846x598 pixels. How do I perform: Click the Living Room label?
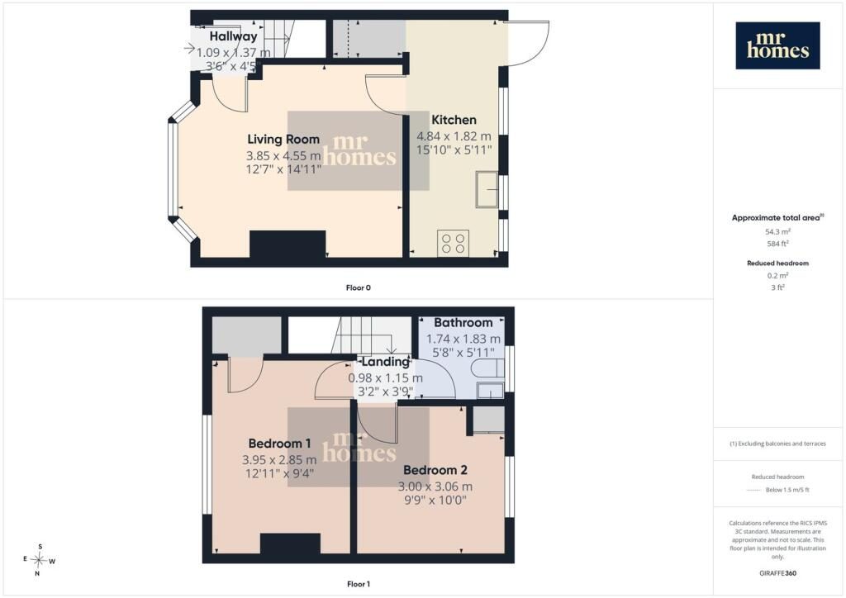click(283, 139)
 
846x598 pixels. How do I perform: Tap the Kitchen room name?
click(454, 120)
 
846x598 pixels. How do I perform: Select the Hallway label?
click(233, 36)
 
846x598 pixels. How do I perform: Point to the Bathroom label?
click(463, 322)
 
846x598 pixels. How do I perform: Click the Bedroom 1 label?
click(279, 444)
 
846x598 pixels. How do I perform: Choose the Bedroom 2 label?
click(435, 470)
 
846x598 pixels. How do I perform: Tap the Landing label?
click(385, 362)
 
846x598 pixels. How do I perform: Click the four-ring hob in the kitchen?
click(454, 243)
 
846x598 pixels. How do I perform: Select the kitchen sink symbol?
click(487, 189)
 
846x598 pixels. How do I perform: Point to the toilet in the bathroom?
click(487, 370)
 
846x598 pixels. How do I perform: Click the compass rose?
click(39, 560)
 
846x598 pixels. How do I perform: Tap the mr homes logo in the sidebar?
click(777, 45)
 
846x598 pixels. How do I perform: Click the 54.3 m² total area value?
click(777, 232)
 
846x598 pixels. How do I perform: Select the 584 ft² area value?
click(777, 244)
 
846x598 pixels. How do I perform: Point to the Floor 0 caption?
click(359, 288)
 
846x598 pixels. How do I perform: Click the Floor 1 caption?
click(359, 584)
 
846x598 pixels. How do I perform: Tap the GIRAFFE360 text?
click(777, 573)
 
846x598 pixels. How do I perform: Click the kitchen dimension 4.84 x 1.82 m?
click(454, 136)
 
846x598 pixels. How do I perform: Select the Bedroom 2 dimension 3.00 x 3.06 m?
click(435, 486)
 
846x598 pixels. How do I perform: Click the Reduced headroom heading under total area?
click(777, 263)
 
